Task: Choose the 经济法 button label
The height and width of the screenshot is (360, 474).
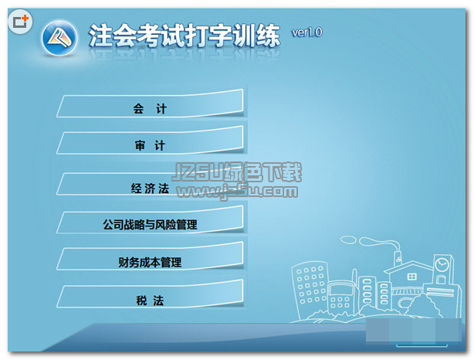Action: (150, 188)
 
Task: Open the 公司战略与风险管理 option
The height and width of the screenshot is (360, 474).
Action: (151, 220)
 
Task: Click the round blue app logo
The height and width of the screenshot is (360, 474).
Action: (59, 38)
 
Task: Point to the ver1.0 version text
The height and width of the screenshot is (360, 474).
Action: (306, 32)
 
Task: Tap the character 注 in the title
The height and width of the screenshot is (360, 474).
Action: (101, 36)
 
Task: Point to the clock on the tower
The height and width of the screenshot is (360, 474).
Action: (442, 264)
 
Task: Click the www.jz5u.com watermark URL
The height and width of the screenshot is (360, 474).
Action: (238, 191)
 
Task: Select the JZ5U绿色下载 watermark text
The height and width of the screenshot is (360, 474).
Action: (237, 172)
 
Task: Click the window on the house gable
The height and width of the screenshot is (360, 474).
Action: (411, 277)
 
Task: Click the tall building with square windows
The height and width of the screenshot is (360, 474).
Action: (310, 287)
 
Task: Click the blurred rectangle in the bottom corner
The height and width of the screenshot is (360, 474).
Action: (414, 331)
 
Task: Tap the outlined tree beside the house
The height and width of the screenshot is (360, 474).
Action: (423, 306)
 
